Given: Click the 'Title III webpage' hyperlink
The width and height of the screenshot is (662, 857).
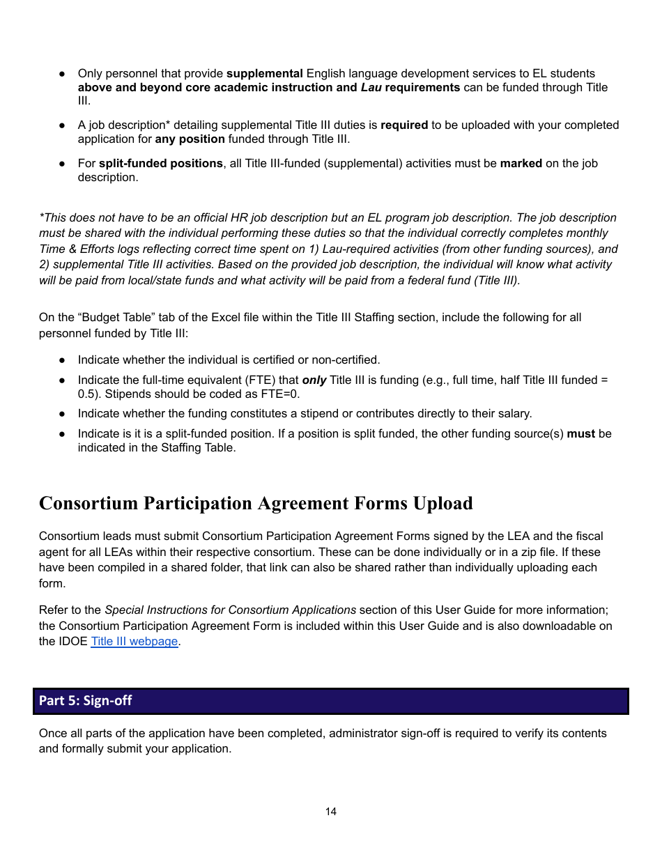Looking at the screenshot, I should pyautogui.click(x=134, y=641).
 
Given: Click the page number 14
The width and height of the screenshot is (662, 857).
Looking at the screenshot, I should pyautogui.click(x=330, y=812).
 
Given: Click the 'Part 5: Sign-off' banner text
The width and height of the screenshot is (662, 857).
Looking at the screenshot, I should pyautogui.click(x=85, y=701).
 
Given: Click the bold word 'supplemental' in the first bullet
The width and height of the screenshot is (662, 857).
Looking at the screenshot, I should pyautogui.click(x=265, y=73).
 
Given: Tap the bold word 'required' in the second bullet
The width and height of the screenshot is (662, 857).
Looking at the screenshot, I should pyautogui.click(x=404, y=125).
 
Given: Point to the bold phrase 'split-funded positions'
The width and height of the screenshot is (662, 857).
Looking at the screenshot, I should pyautogui.click(x=161, y=163).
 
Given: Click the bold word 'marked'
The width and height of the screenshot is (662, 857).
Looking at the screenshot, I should pyautogui.click(x=521, y=163).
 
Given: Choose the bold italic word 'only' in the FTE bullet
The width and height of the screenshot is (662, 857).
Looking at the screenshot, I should pyautogui.click(x=314, y=380).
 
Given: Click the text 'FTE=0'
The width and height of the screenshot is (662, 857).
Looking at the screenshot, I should pyautogui.click(x=282, y=394).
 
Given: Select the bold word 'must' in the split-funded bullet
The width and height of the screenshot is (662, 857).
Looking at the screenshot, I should pyautogui.click(x=581, y=433).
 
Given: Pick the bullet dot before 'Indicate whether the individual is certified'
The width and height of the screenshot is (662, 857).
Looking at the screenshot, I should pyautogui.click(x=62, y=360).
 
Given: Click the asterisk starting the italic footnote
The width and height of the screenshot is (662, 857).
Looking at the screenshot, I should pyautogui.click(x=41, y=217).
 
